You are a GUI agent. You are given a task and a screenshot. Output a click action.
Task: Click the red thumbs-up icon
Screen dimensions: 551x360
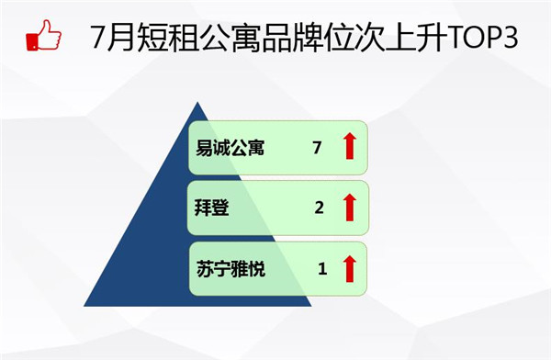(43, 35)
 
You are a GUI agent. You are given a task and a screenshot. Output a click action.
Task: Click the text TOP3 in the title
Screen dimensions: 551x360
(483, 37)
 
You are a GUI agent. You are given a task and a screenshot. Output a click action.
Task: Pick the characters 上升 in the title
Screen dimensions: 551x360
(417, 38)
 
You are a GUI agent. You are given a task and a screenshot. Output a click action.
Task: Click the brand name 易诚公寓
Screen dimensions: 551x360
(231, 148)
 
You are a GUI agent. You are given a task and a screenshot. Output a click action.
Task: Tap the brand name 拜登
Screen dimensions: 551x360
(212, 208)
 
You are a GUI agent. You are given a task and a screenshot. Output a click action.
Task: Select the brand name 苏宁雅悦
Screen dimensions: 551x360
(231, 269)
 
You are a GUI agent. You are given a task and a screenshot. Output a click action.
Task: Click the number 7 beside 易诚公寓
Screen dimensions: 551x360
(317, 148)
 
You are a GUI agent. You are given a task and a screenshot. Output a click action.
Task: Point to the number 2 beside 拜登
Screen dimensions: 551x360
(319, 208)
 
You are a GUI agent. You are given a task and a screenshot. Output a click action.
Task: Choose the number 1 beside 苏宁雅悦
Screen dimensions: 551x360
(322, 269)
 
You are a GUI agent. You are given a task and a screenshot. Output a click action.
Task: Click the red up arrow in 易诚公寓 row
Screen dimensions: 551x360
(350, 146)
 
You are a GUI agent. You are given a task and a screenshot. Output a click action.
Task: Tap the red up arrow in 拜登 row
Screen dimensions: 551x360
(350, 208)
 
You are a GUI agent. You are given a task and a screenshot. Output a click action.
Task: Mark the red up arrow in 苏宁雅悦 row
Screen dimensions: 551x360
(350, 269)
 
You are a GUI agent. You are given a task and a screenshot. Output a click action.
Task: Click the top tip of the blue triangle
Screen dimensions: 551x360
(197, 102)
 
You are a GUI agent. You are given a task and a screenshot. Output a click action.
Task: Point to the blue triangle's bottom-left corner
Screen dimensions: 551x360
(84, 306)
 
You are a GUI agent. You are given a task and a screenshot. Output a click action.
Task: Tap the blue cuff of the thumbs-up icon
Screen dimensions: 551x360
(32, 41)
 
